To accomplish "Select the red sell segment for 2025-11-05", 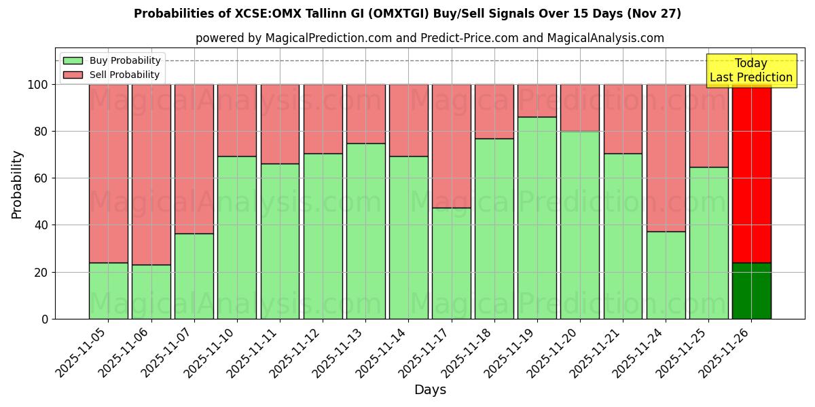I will (x=108, y=173).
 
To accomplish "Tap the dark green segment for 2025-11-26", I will (x=751, y=290).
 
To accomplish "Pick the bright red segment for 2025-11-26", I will (x=751, y=173).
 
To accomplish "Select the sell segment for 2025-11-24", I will (x=666, y=157).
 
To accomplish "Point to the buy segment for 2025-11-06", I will (x=151, y=292).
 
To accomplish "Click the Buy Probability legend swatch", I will (x=73, y=61).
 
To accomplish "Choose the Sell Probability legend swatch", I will (x=73, y=75).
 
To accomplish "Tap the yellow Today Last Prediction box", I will (x=750, y=71).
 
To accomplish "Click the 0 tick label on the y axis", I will (x=45, y=319).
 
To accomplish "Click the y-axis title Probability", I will (x=17, y=184).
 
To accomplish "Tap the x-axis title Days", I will (x=430, y=390).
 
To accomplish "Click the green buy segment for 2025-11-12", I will (x=323, y=236).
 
